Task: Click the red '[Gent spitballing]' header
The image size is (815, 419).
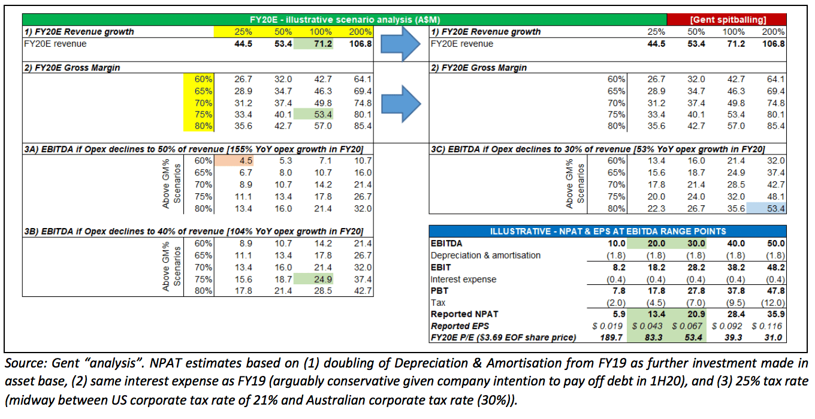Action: coord(728,20)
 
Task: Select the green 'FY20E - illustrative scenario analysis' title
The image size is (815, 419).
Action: coord(340,20)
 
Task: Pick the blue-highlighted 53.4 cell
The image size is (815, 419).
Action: coord(774,208)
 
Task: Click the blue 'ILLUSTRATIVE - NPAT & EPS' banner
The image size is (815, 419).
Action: coord(608,231)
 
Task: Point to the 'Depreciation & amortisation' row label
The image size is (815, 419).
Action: coord(485,255)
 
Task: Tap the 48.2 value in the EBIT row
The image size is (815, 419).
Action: coord(775,267)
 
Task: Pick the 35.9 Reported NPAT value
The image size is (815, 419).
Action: coord(775,314)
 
